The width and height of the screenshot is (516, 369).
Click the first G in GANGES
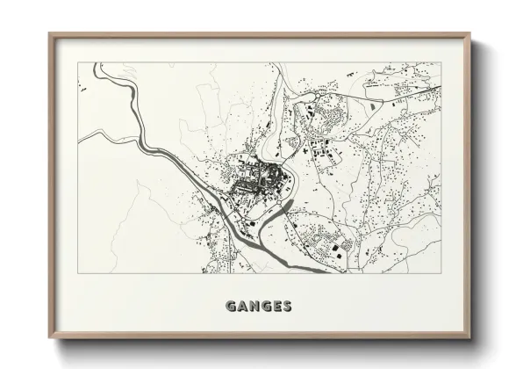click(x=232, y=307)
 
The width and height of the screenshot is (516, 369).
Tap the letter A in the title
click(x=243, y=307)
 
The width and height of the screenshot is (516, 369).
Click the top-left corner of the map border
click(x=78, y=62)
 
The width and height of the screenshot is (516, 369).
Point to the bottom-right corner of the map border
click(x=441, y=273)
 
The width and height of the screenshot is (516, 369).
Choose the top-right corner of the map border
click(x=441, y=62)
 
